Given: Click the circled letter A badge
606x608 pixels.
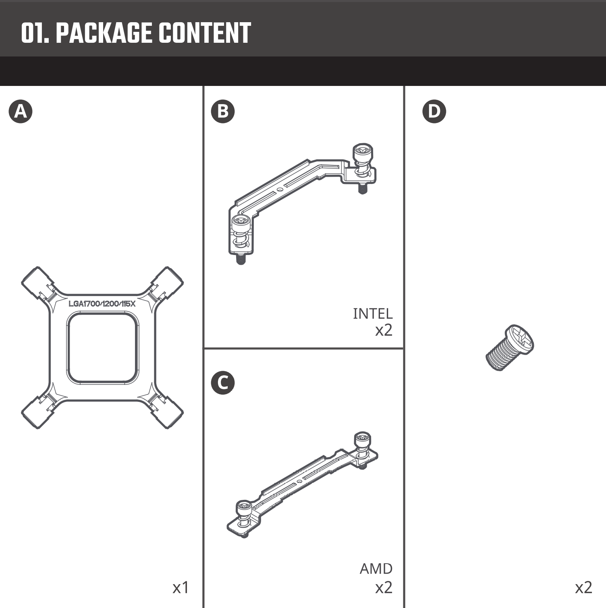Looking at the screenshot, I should click(21, 111).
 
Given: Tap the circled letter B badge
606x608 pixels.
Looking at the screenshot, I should click(223, 111).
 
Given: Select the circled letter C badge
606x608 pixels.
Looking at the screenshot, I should click(223, 382).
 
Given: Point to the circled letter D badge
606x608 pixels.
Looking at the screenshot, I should click(434, 111).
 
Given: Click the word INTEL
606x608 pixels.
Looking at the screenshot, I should click(372, 313).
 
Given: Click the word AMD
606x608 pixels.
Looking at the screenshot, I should click(376, 568).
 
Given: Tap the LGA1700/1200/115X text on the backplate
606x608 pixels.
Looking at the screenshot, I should click(102, 304).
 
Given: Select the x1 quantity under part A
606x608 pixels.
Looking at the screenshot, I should click(181, 588).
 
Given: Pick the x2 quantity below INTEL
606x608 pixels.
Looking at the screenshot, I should click(384, 330).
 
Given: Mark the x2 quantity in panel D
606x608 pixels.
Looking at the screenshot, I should click(583, 588).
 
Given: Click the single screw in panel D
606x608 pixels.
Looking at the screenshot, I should click(510, 347).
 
